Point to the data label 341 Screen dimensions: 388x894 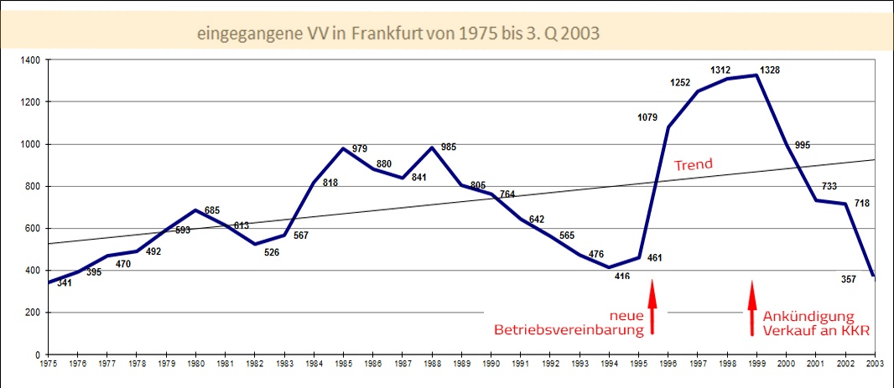64,283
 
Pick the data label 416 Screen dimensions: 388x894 621,276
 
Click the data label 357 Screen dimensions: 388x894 848,279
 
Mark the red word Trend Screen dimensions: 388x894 694,165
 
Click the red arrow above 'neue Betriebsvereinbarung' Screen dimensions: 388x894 652,308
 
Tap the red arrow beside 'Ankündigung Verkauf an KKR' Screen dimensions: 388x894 752,308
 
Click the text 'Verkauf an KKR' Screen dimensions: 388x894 814,330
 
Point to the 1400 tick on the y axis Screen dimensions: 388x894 31,60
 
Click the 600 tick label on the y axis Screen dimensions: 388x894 34,229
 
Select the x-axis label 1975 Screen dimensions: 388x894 49,365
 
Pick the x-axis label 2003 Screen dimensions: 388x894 874,365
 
